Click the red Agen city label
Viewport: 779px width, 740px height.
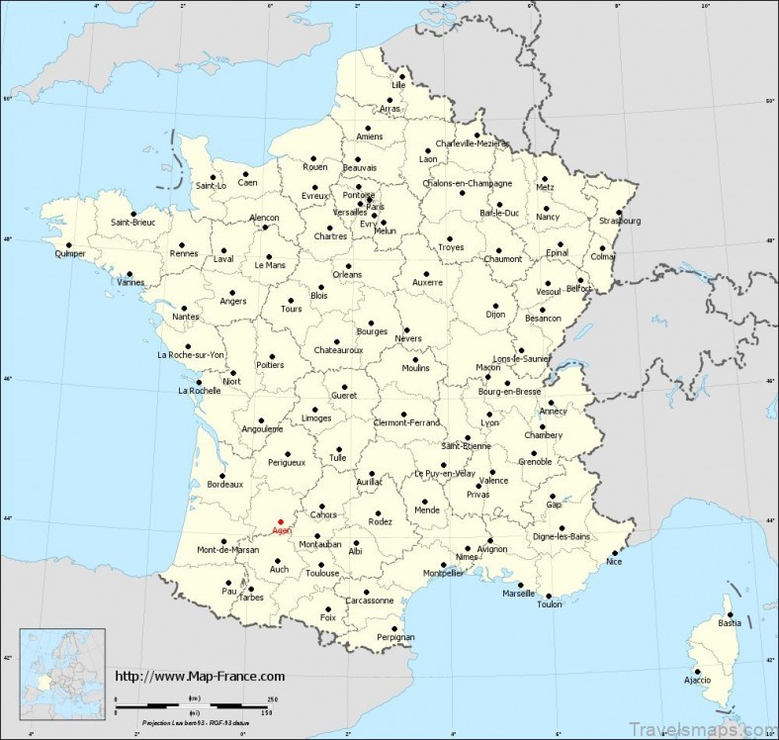point(282,531)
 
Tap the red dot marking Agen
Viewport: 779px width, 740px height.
point(280,521)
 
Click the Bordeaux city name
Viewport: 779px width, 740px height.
point(224,484)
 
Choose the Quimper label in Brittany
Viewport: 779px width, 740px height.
point(70,256)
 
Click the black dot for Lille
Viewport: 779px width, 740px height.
point(402,75)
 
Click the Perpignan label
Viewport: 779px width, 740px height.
point(395,637)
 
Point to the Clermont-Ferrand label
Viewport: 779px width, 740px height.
point(407,423)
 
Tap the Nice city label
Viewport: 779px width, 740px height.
point(615,562)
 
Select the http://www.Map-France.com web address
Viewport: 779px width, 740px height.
point(200,677)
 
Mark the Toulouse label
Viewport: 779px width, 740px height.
point(322,573)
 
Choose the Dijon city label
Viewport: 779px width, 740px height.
point(495,315)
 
